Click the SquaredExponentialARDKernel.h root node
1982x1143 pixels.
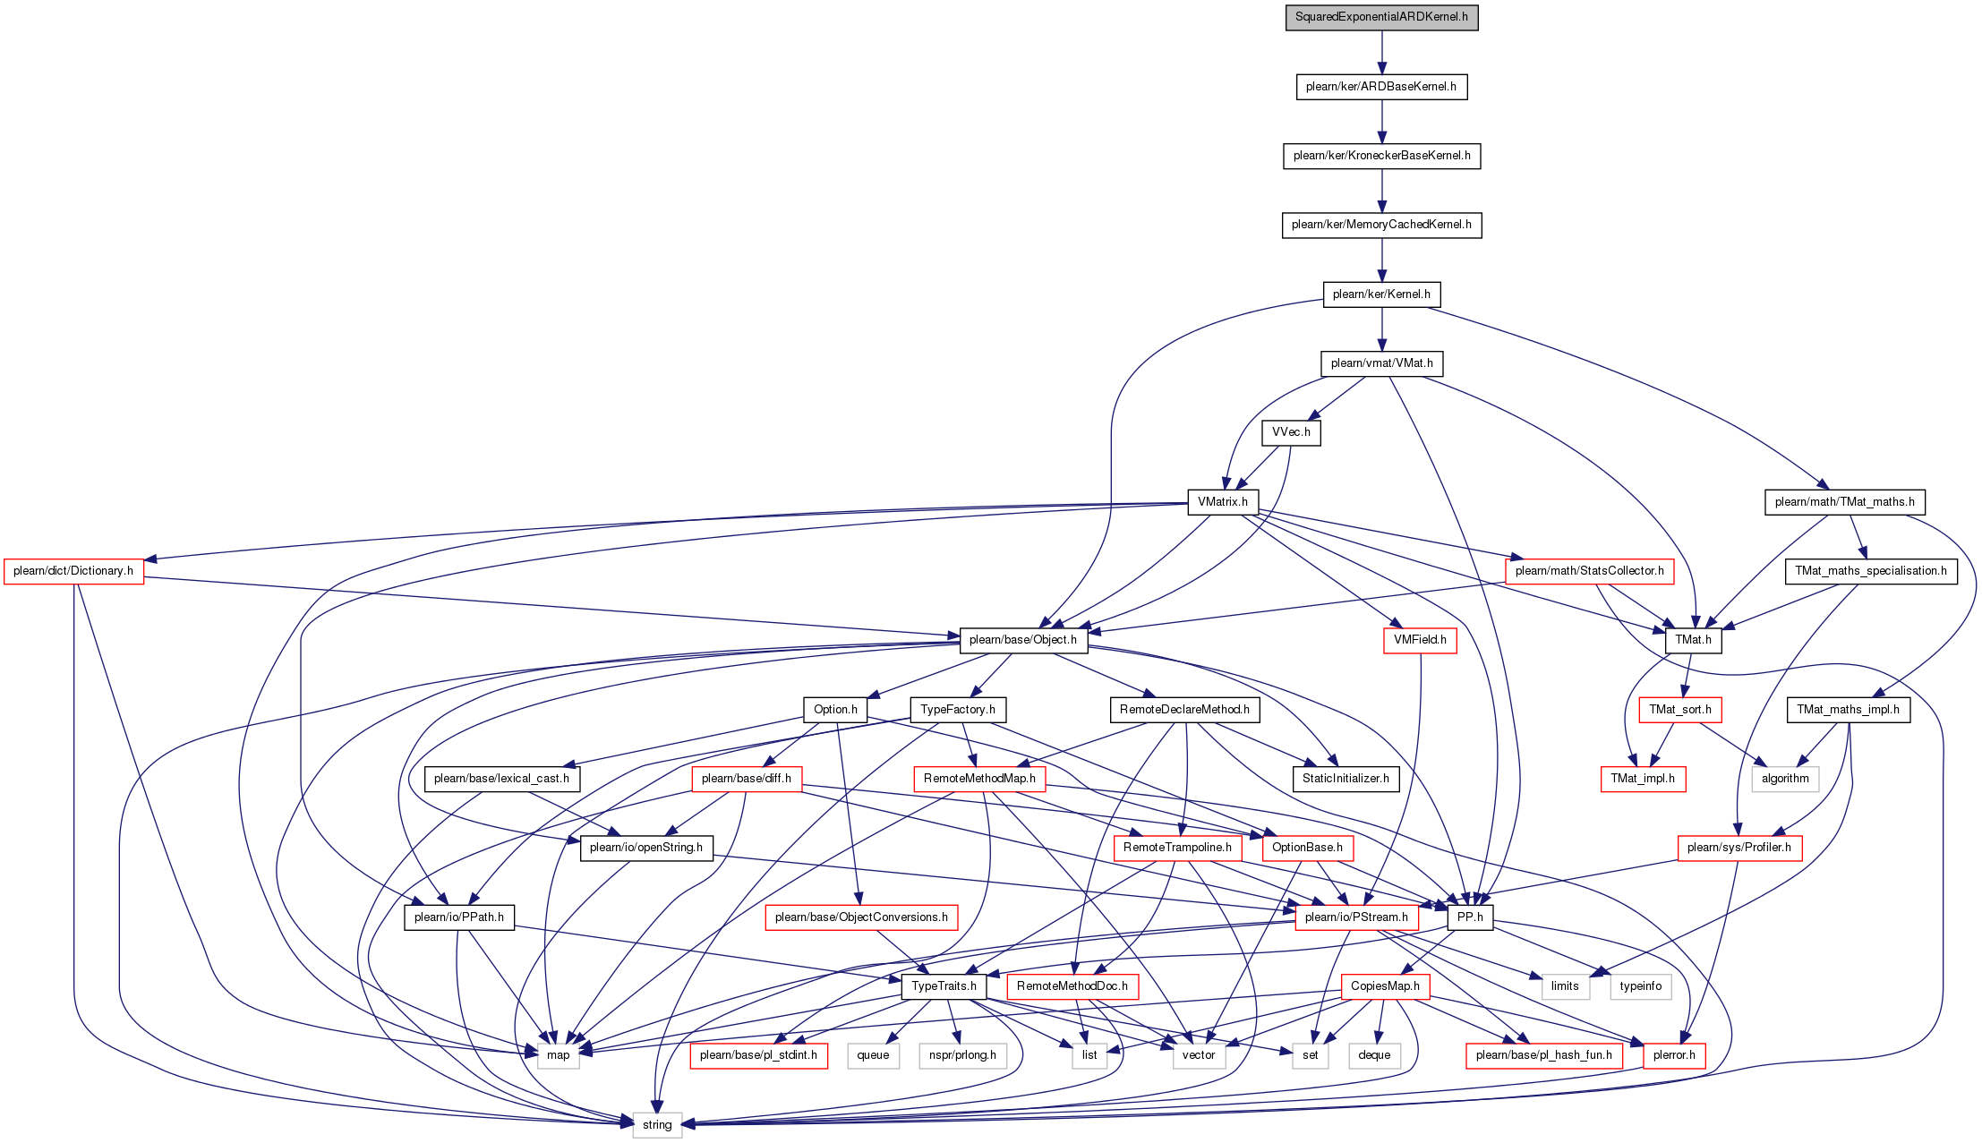[x=1381, y=17]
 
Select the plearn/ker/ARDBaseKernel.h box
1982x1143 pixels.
[x=1381, y=87]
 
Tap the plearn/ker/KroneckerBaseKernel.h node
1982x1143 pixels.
[x=1381, y=156]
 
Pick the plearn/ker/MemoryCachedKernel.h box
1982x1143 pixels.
[x=1381, y=225]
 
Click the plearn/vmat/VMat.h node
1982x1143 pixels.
[x=1381, y=363]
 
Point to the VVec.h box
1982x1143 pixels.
[x=1291, y=432]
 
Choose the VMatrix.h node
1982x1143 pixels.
[x=1223, y=502]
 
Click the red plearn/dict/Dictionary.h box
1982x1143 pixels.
[x=73, y=571]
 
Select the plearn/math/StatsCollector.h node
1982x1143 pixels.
[x=1589, y=571]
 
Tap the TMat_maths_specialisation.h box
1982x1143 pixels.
[x=1871, y=571]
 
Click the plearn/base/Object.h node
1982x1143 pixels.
[x=1023, y=640]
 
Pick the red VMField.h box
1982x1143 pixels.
[x=1420, y=640]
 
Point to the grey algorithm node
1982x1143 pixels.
[x=1785, y=779]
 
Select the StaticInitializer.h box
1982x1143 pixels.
[x=1346, y=779]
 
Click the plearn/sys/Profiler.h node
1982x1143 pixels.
[x=1739, y=848]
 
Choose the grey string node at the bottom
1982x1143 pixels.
[x=657, y=1125]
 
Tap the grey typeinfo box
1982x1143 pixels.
[x=1641, y=986]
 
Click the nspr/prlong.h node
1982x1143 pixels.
[x=962, y=1055]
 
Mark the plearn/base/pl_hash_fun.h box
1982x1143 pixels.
[x=1543, y=1055]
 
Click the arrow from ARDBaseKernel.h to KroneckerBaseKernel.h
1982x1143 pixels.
[x=1381, y=121]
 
